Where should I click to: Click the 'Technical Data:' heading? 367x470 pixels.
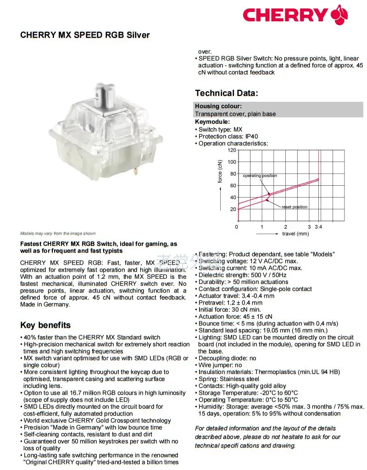tap(227, 93)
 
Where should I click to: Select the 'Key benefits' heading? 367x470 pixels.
tap(45, 325)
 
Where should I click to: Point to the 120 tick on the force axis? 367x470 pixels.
tap(232, 150)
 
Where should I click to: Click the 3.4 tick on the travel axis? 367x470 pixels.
tap(318, 227)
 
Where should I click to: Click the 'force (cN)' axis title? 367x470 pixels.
tap(220, 171)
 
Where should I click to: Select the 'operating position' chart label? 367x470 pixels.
tap(260, 176)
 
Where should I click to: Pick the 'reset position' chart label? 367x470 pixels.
tap(295, 207)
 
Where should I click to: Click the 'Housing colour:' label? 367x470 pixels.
tap(219, 106)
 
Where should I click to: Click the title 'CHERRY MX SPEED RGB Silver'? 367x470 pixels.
tap(85, 35)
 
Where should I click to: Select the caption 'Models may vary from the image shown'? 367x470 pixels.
tap(58, 233)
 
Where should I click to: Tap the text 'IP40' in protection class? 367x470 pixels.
tap(251, 136)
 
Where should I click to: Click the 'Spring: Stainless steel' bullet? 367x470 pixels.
tap(228, 379)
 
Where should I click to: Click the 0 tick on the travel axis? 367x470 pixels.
tap(237, 227)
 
